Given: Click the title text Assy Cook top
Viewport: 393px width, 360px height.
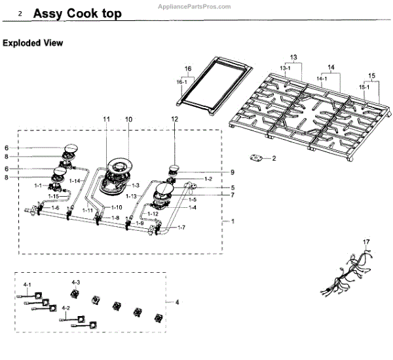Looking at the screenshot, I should coord(74,13).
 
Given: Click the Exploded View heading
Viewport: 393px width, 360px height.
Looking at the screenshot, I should coord(33,43).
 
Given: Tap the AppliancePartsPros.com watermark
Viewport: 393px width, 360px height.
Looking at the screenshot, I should coord(195,6).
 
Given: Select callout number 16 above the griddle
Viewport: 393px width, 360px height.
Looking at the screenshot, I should coord(187,68).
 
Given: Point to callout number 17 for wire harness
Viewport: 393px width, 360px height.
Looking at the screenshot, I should coord(367,243).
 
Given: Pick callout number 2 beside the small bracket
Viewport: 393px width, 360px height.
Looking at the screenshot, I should coord(274,158).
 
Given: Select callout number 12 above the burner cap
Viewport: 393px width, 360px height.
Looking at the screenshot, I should coord(175,119).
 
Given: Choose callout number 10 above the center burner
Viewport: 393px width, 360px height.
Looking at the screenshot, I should coord(128,119).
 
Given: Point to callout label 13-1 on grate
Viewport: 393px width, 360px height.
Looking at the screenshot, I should coord(285,68).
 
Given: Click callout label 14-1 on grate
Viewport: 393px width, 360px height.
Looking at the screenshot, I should coord(322,77).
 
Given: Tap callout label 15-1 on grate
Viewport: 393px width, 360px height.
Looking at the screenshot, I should coord(364,86).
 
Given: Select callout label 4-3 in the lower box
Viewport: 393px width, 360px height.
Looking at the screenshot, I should coord(76,281).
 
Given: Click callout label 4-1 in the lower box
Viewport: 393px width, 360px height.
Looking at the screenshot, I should coord(27,285).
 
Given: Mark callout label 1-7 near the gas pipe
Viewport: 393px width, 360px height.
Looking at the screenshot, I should coord(181,227).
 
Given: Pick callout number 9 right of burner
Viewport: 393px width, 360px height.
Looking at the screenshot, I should coord(232,172).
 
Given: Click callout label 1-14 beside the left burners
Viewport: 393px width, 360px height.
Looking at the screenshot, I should coord(75,180).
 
